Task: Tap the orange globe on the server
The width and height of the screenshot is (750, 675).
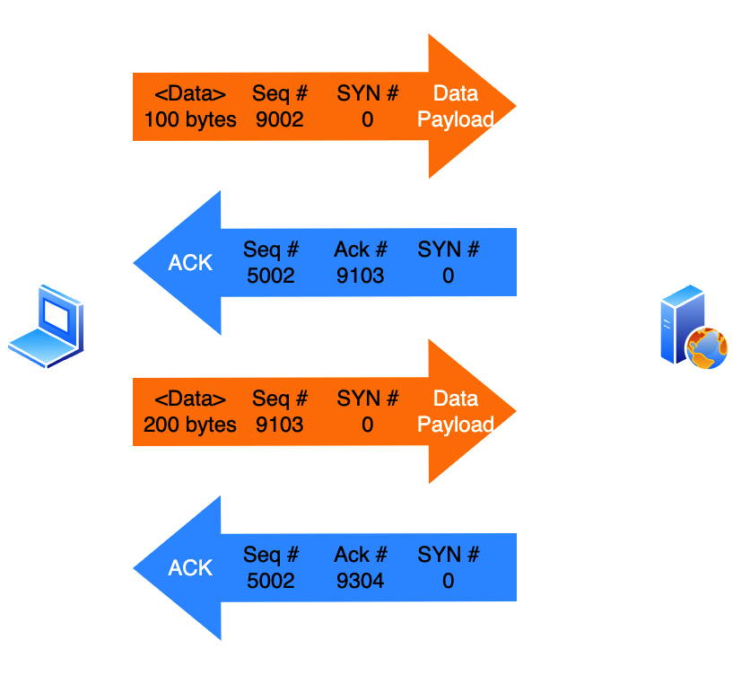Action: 708,349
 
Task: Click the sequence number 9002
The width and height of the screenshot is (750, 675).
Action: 279,119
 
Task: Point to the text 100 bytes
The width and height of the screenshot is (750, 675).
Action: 190,119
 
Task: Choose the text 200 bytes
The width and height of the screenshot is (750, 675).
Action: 190,425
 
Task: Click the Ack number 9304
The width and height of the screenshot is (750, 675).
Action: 360,581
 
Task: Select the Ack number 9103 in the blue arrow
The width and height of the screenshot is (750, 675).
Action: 360,276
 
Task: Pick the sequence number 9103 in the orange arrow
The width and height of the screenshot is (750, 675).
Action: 279,425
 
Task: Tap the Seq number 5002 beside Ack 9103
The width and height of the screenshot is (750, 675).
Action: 271,276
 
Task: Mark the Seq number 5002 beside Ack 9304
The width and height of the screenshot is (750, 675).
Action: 271,581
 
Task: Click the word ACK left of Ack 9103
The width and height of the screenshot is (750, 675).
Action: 190,263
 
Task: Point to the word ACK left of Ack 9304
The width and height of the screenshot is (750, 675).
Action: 190,568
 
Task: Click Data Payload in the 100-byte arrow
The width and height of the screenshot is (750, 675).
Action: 456,106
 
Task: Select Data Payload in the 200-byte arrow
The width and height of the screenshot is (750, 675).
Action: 456,411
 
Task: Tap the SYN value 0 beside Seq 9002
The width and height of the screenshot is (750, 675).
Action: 368,119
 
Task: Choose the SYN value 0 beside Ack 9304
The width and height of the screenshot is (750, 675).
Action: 449,581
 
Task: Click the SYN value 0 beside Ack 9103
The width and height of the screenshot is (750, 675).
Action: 449,276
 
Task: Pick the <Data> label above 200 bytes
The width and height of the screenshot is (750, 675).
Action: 190,399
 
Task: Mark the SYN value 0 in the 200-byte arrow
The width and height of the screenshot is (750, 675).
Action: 368,425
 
